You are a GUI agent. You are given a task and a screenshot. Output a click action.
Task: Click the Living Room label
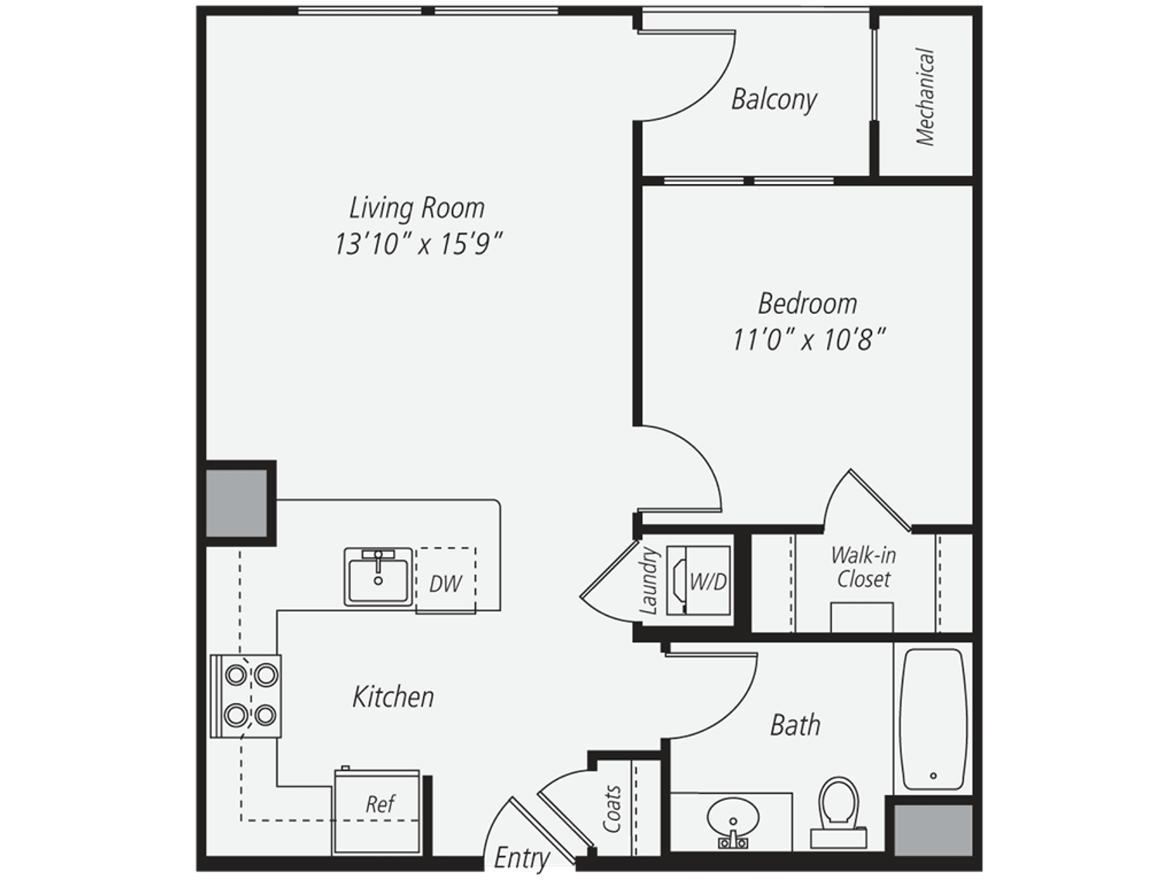(x=417, y=208)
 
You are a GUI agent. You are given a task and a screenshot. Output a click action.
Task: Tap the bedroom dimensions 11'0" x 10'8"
(x=808, y=340)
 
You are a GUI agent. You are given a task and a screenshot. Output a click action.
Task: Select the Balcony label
(x=774, y=100)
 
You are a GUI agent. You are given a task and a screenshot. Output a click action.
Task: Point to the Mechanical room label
(x=925, y=97)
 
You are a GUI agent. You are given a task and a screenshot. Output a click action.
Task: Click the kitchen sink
(x=378, y=576)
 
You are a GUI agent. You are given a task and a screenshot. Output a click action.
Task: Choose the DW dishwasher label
(x=445, y=583)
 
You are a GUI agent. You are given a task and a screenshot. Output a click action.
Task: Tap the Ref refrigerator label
(x=381, y=804)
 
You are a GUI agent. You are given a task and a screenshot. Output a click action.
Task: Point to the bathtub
(x=933, y=720)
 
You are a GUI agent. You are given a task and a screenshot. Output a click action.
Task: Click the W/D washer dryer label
(x=708, y=582)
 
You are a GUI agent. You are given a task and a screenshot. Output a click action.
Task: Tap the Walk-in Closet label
(x=863, y=567)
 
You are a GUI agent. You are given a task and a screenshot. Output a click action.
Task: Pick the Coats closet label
(x=612, y=808)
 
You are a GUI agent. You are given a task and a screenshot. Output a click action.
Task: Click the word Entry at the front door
(x=521, y=859)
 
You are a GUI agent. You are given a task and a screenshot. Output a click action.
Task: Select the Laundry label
(x=648, y=580)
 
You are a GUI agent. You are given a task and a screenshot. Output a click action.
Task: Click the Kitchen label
(x=393, y=697)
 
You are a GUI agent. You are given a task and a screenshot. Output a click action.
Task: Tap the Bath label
(x=795, y=725)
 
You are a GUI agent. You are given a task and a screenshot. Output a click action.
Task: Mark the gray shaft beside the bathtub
(x=933, y=829)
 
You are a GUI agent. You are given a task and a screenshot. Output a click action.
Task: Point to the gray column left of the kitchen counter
(x=236, y=503)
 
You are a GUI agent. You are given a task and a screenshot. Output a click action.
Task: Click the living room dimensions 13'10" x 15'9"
(x=419, y=244)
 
